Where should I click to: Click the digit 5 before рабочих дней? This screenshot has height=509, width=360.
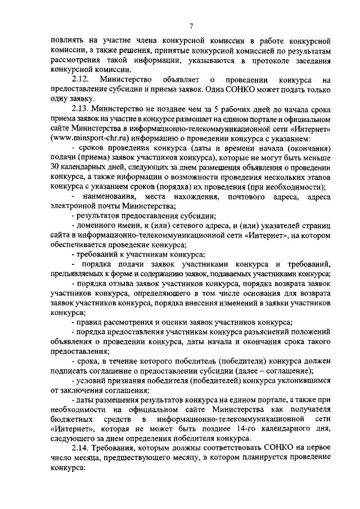click(x=226, y=109)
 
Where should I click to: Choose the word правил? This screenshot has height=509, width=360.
click(x=90, y=322)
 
